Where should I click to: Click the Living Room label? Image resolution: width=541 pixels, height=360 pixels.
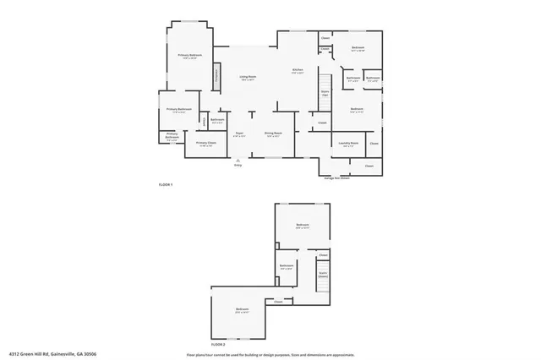click(248, 77)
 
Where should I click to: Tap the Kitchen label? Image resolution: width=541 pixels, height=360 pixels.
click(298, 71)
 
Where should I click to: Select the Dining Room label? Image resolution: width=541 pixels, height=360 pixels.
click(273, 134)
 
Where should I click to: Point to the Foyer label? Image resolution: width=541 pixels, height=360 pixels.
click(239, 134)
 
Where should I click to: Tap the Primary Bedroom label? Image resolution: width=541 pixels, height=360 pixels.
click(189, 56)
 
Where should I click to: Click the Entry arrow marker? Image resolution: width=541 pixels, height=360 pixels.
click(238, 161)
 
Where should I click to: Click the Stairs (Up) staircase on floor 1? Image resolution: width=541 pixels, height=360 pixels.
click(325, 95)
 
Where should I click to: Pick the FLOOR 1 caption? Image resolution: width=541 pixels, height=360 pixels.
click(166, 184)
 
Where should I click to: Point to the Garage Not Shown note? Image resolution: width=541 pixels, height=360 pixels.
click(336, 177)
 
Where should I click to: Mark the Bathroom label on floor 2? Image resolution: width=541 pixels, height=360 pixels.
click(287, 267)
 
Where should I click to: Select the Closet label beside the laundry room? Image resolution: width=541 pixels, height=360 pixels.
click(374, 144)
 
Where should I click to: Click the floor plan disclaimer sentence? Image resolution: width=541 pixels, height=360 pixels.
click(270, 354)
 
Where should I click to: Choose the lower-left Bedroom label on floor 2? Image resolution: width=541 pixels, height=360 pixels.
click(242, 311)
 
